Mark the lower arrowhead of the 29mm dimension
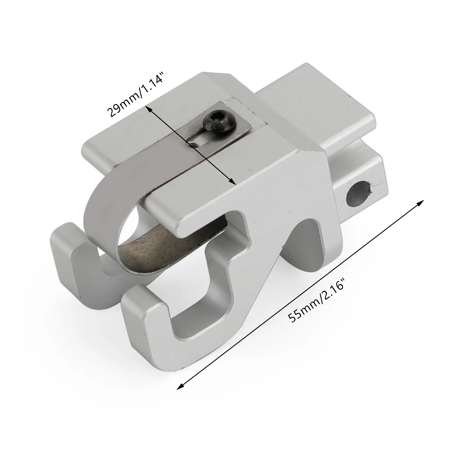[x=233, y=182]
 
